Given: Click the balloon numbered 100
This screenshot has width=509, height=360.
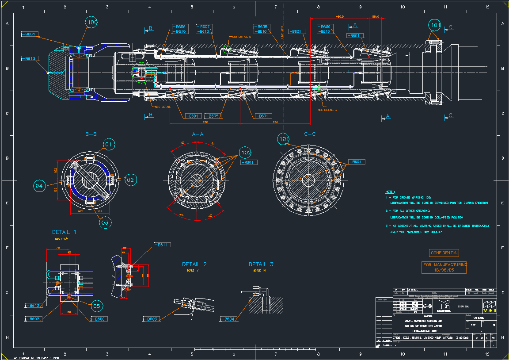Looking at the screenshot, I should point(91,23).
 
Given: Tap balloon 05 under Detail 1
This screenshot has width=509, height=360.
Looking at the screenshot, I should point(98,306).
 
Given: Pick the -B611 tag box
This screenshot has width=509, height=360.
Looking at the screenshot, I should point(162,245).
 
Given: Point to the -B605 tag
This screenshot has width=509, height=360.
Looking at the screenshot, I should point(213,116).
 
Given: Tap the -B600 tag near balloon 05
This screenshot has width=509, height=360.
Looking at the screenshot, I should point(99,319).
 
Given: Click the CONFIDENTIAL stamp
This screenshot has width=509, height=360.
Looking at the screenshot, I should point(444,253).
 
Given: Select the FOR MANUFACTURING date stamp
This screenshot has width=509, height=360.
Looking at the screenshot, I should point(444,267).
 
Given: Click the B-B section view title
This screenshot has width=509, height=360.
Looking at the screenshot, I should point(91,134).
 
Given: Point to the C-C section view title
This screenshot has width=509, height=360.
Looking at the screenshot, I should point(310,134).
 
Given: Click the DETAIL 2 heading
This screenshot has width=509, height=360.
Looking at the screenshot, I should point(194,264).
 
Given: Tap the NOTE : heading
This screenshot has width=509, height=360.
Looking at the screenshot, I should point(390,192).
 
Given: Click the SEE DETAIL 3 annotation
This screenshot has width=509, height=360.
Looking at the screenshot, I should point(327,110).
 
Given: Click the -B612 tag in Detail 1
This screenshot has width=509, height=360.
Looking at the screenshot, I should point(34,306).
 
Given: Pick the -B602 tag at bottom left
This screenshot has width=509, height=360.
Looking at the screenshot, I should point(34,319).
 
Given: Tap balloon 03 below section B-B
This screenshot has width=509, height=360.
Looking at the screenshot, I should point(105,222).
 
